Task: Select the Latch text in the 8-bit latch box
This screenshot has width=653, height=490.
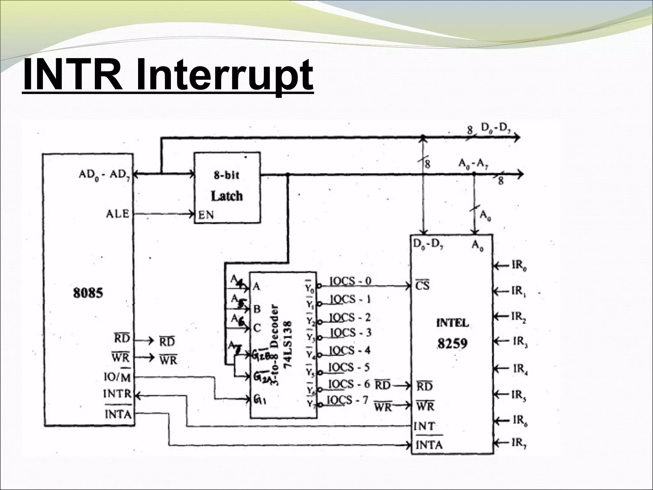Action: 227,196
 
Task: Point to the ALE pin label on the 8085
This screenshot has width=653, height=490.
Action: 117,214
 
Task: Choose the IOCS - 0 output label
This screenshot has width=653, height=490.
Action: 350,281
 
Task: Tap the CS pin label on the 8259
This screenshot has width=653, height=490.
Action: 422,286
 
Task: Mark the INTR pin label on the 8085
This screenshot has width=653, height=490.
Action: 117,394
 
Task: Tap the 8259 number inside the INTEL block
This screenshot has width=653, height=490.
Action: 452,344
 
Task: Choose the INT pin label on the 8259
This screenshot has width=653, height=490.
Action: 423,426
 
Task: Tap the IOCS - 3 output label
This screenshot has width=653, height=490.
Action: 350,333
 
